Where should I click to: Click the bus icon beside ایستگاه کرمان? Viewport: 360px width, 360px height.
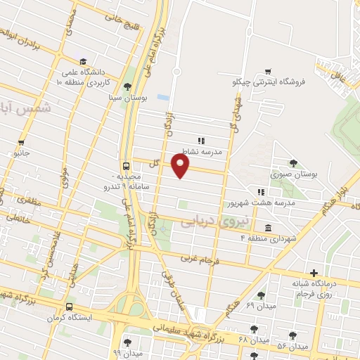click(69, 307)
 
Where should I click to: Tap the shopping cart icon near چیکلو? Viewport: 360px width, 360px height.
click(269, 71)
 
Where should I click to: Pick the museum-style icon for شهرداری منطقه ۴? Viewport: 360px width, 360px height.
click(269, 227)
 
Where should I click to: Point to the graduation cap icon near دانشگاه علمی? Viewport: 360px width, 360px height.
click(83, 61)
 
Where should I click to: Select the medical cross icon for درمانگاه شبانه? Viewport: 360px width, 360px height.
click(314, 272)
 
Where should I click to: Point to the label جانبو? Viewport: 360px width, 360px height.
click(23, 152)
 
